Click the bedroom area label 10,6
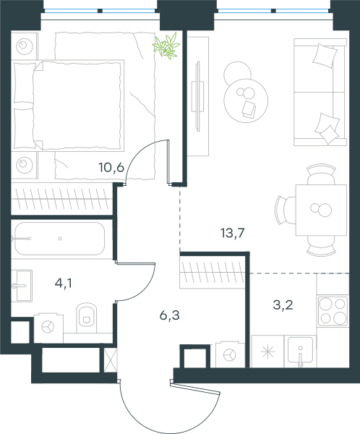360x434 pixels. tap(111, 168)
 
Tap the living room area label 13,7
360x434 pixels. tap(233, 233)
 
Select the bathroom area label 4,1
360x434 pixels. tap(64, 283)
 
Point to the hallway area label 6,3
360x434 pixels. tap(170, 315)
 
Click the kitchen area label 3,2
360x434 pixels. tap(283, 305)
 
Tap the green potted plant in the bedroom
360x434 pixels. tap(166, 46)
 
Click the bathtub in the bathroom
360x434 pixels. tap(59, 239)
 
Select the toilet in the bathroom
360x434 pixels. tap(87, 318)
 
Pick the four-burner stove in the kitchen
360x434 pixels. tap(333, 311)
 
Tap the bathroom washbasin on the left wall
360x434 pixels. tap(22, 286)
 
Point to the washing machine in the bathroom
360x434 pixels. tap(48, 328)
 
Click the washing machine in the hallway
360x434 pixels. tap(230, 354)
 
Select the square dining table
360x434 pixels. tap(321, 210)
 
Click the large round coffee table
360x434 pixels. tap(246, 101)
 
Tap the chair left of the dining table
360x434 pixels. tap(286, 210)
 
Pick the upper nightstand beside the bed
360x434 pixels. tap(25, 46)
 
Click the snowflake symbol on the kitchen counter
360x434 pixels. tap(268, 352)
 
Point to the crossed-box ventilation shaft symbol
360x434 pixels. tap(111, 360)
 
